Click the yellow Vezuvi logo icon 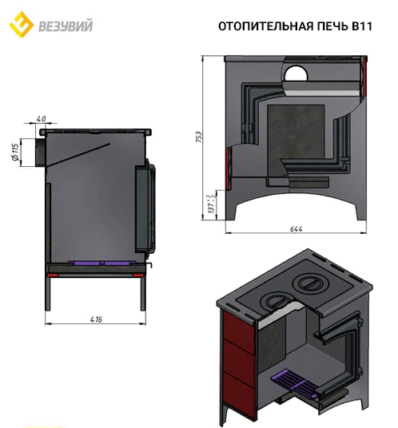(22, 24)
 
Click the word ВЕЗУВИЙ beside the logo (66, 26)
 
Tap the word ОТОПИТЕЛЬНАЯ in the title (266, 26)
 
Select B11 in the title (362, 26)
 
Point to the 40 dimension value (42, 119)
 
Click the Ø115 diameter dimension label (16, 152)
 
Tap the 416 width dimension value (96, 319)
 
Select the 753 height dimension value (199, 137)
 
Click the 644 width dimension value (297, 229)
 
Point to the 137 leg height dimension (212, 204)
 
